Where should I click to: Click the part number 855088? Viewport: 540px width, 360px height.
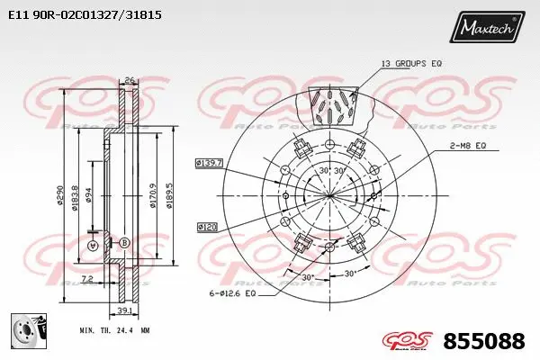click(x=486, y=341)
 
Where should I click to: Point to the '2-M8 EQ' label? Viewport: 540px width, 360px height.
click(x=467, y=144)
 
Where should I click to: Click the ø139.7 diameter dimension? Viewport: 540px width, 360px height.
click(x=209, y=163)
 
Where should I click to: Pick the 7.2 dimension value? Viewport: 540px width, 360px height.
click(x=86, y=279)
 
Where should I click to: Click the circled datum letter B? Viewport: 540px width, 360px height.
click(x=124, y=243)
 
